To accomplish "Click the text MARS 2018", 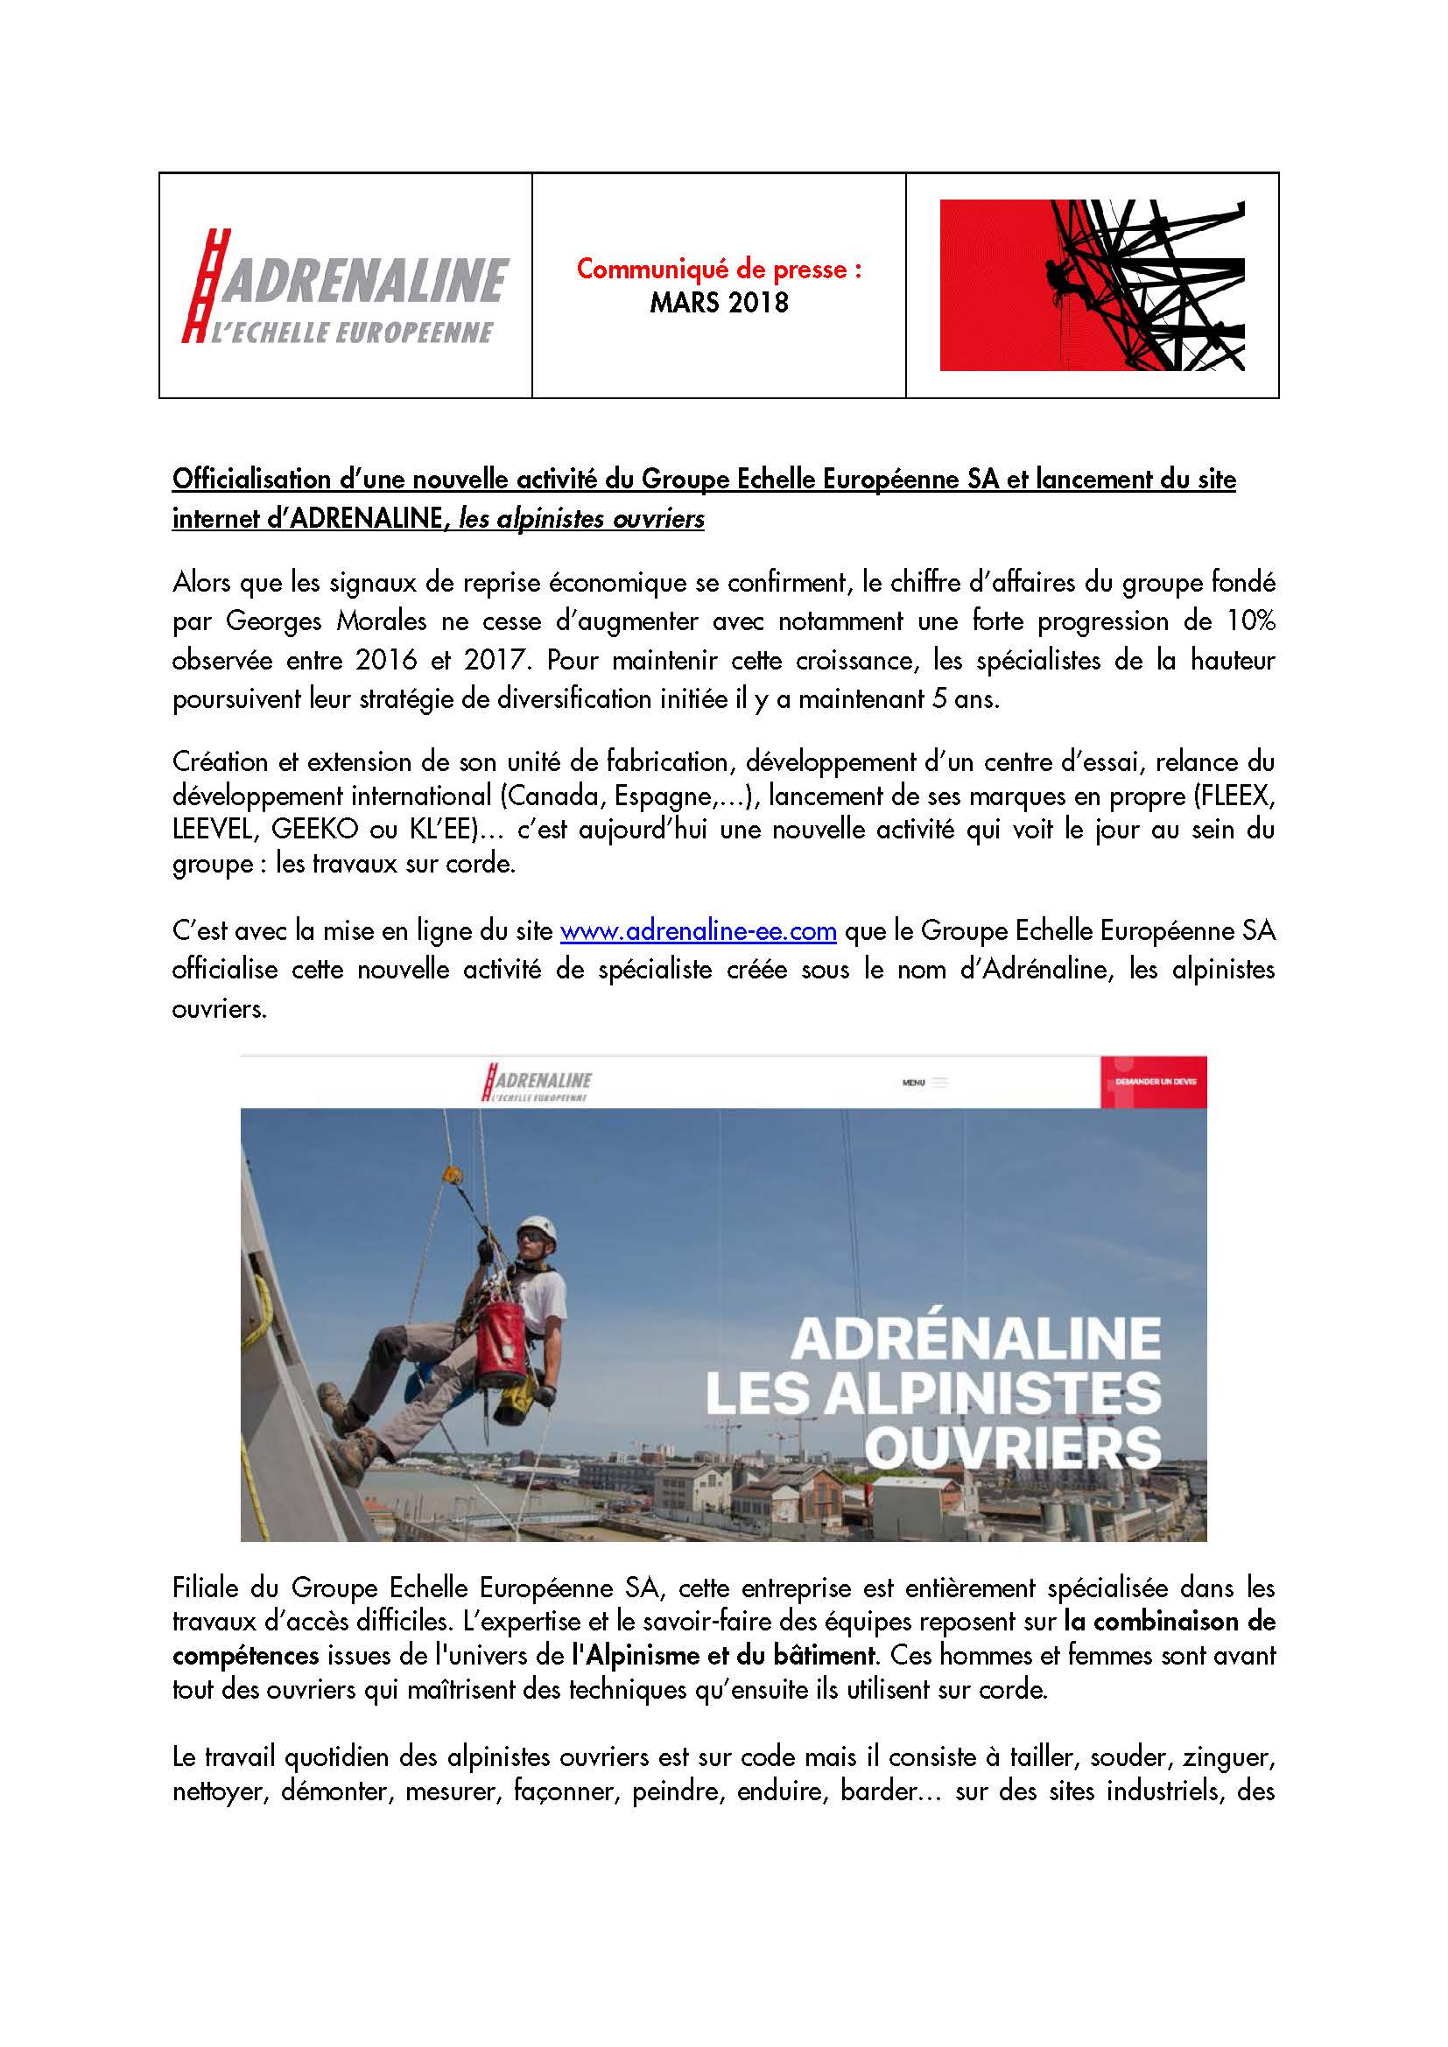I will coord(719,303).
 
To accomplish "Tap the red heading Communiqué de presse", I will coord(719,270).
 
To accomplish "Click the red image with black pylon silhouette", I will coord(1092,285).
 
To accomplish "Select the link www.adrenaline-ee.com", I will coord(697,932).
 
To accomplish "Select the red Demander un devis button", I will coord(1154,1083).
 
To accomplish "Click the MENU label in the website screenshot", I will coord(914,1083).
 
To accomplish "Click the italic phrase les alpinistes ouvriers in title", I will coord(581,519).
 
